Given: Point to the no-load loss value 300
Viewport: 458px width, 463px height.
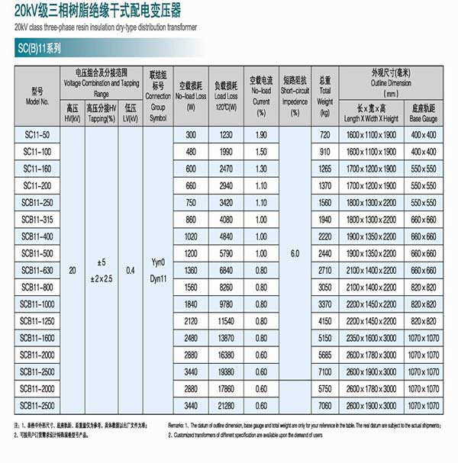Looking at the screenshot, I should [x=190, y=134].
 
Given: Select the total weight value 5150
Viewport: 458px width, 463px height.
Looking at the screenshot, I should [x=325, y=338].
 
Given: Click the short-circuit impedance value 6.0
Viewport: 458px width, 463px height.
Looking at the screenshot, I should [x=295, y=253].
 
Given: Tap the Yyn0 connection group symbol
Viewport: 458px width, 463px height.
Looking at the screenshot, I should [x=158, y=263].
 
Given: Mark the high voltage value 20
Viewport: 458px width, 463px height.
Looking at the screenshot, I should [x=73, y=270].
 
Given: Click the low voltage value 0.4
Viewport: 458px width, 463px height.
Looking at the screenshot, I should [x=131, y=270].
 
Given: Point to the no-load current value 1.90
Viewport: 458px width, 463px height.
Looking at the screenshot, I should [x=262, y=134].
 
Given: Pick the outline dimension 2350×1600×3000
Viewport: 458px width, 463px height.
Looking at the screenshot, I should [x=371, y=338].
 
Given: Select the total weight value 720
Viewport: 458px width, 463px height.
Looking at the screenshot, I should [x=325, y=134].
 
